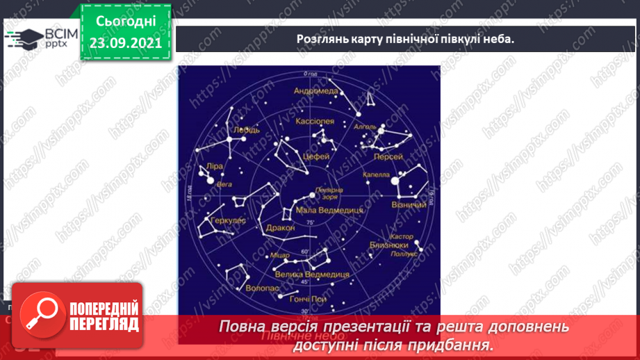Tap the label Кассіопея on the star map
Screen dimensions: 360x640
point(315,121)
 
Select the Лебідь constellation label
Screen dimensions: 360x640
point(248,129)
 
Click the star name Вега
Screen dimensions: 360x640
point(224,185)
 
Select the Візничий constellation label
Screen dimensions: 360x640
point(410,206)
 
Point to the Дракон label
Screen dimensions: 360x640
point(280,227)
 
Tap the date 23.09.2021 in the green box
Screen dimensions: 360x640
point(126,42)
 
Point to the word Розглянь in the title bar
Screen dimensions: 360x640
point(320,39)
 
